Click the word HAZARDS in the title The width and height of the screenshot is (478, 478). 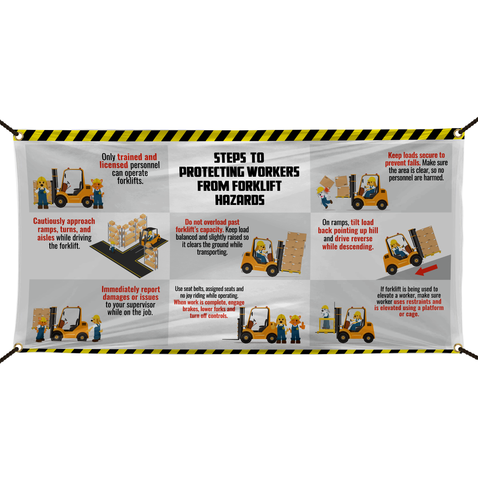click(x=240, y=200)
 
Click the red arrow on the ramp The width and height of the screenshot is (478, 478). click(x=426, y=270)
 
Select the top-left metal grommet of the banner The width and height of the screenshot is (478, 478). click(x=19, y=136)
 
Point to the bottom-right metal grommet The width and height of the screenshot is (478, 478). click(x=458, y=348)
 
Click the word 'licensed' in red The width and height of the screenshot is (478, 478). click(x=113, y=165)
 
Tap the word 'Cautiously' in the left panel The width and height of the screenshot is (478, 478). click(x=49, y=221)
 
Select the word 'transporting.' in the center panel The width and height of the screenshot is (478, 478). click(x=212, y=252)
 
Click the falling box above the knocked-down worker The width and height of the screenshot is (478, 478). click(x=327, y=182)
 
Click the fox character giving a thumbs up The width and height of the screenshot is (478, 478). click(x=295, y=329)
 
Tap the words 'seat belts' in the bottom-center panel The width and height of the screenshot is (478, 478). click(x=194, y=289)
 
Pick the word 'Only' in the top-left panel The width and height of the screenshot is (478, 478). click(x=109, y=157)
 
